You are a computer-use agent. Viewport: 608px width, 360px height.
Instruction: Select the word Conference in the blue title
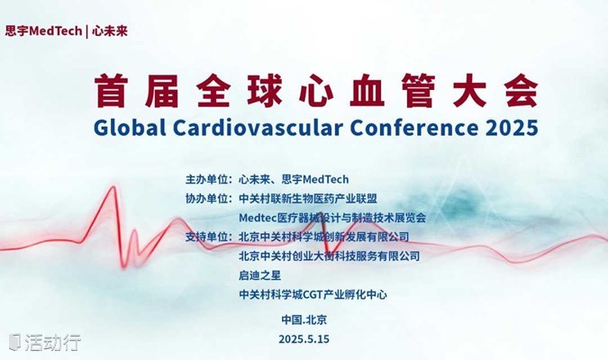click(414, 128)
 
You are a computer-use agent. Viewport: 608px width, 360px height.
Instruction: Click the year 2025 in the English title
click(512, 128)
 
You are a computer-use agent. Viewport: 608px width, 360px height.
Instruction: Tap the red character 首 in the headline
click(111, 91)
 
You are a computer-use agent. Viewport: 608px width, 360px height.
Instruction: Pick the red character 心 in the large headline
click(316, 91)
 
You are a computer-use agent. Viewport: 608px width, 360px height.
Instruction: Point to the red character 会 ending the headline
click(522, 91)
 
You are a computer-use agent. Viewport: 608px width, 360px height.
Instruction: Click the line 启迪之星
click(259, 275)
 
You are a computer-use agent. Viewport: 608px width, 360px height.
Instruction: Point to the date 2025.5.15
click(304, 339)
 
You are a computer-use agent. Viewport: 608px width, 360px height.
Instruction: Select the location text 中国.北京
click(304, 319)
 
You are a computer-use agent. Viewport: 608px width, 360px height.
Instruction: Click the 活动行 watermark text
click(53, 342)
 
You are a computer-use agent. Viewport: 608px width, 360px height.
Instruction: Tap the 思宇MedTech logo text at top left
click(43, 31)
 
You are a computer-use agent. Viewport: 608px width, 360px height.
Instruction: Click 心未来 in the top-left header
click(110, 31)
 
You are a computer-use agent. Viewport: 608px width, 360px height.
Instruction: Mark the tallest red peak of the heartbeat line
click(113, 187)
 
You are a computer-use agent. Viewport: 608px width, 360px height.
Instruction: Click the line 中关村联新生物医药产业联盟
click(308, 199)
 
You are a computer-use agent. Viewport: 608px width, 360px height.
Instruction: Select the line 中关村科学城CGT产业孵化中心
click(313, 295)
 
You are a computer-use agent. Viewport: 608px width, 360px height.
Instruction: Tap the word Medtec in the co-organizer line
click(258, 218)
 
